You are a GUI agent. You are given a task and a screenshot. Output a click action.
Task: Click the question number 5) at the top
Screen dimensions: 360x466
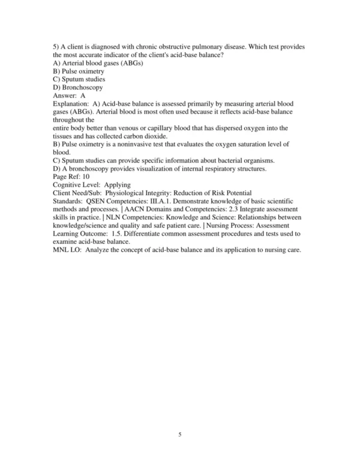(57, 47)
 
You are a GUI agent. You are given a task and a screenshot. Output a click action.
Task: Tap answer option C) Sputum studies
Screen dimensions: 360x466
(79, 79)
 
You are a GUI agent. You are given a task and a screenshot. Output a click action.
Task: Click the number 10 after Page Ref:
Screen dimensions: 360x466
(84, 177)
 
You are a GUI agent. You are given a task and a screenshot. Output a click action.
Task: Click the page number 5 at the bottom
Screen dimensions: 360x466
(180, 435)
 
